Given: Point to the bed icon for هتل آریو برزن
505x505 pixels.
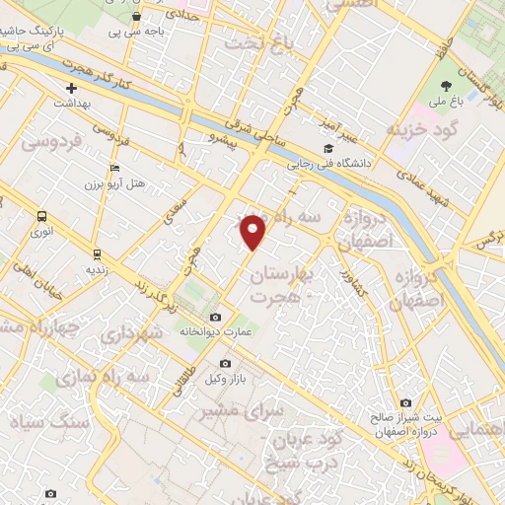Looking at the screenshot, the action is pyautogui.click(x=114, y=169).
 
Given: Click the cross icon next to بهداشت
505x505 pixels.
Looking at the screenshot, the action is pyautogui.click(x=71, y=89).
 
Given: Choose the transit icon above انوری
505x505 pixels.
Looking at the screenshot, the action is pyautogui.click(x=41, y=216).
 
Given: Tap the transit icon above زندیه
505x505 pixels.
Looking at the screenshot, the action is pyautogui.click(x=97, y=250).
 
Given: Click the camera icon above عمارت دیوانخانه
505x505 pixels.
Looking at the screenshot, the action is pyautogui.click(x=216, y=317).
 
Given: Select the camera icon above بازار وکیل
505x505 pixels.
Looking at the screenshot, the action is pyautogui.click(x=225, y=364).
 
